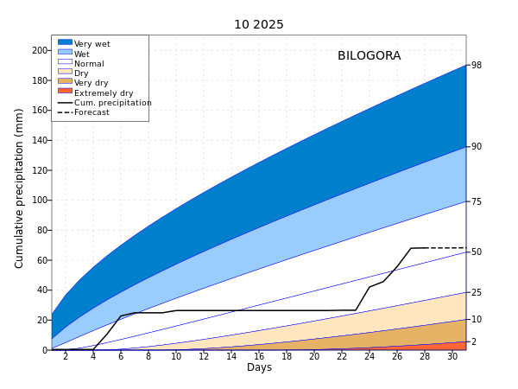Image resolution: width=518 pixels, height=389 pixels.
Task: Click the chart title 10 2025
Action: [258, 24]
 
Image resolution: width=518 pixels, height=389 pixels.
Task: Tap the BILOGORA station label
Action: [369, 56]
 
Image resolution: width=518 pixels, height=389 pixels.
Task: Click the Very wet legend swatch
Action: [65, 42]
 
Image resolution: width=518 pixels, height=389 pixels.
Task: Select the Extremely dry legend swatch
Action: [65, 92]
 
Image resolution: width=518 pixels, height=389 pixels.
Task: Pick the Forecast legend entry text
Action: [92, 112]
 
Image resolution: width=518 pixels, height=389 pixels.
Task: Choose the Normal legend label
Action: [89, 63]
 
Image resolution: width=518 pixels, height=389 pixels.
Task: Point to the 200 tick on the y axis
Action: [39, 51]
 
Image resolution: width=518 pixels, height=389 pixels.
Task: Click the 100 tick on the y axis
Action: [39, 201]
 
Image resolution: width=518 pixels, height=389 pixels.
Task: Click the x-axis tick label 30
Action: [452, 356]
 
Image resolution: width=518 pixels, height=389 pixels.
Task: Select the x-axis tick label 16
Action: [259, 356]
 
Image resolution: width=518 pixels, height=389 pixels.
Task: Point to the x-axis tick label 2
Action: [66, 356]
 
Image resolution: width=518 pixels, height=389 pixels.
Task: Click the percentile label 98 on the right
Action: [477, 66]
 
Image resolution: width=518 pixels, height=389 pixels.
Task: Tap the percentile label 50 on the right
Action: [477, 252]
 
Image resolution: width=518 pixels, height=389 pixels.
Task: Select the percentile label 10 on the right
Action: [477, 320]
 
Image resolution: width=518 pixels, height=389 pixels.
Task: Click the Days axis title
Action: [259, 368]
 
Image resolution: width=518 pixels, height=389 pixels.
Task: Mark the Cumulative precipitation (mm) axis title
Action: [20, 188]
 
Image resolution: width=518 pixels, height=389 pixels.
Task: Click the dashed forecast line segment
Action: [445, 248]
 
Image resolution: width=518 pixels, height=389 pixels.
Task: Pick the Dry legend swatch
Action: [65, 73]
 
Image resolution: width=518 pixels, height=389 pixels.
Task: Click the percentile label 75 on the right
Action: [477, 202]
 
